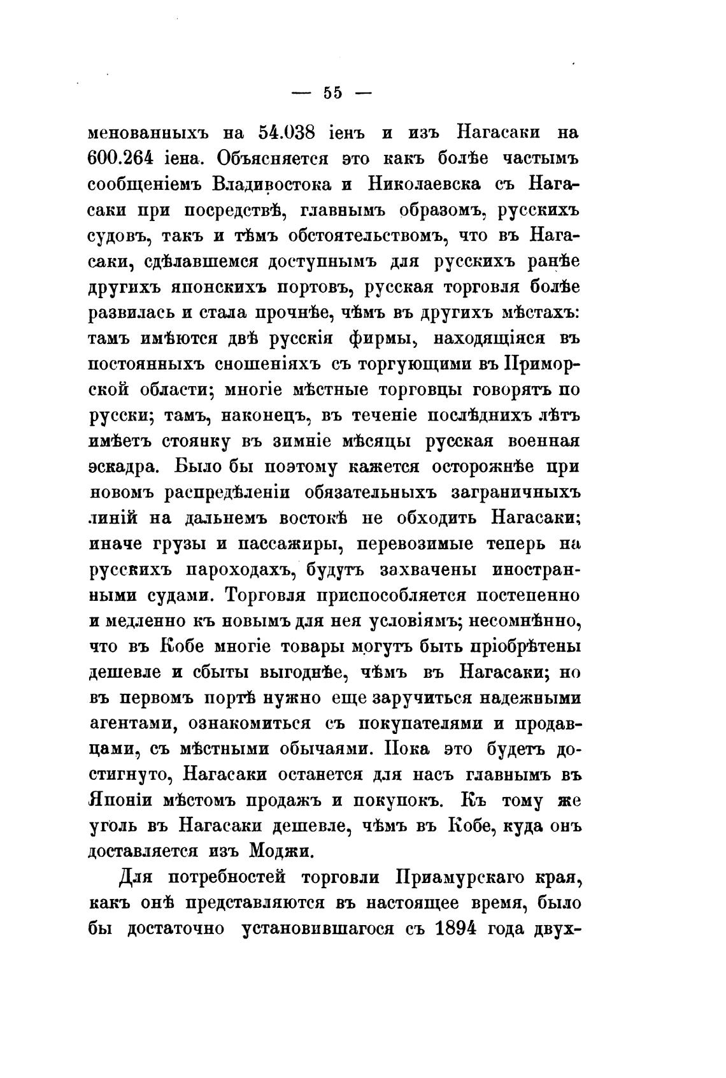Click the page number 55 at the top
(332, 93)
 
